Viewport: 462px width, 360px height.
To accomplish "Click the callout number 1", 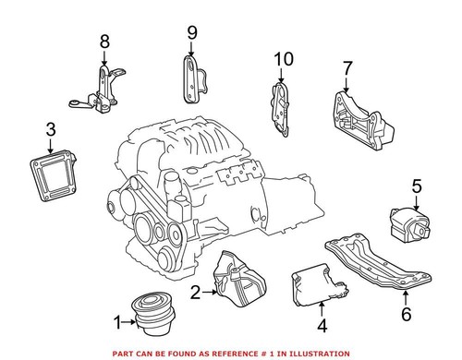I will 117,321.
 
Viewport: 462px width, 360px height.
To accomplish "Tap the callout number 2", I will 195,293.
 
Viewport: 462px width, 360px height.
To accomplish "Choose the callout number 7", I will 347,68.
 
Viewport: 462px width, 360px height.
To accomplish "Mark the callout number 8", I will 103,41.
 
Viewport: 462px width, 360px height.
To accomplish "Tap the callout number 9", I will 191,33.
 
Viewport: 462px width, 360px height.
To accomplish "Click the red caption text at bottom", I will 231,351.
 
